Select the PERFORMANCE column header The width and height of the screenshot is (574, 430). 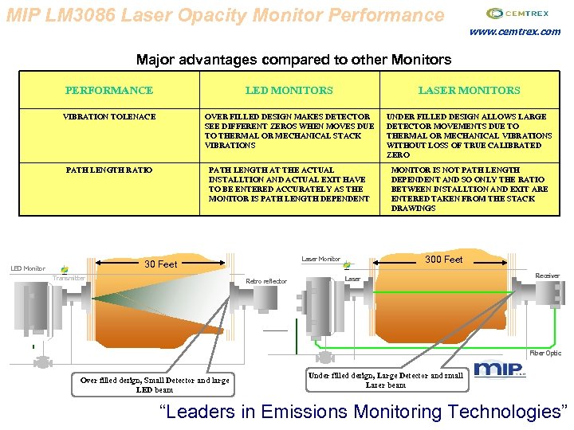pos(109,91)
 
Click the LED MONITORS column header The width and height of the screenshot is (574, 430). pos(289,91)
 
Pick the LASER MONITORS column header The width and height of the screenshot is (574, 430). pos(469,91)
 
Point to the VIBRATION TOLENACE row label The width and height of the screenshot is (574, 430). pos(109,117)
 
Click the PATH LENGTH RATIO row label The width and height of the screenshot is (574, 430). pos(109,170)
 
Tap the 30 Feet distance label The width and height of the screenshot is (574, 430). pos(160,264)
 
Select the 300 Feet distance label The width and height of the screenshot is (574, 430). pos(443,260)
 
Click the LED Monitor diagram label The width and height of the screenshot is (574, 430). pos(28,269)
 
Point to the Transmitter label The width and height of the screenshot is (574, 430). pos(69,278)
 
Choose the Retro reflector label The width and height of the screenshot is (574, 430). pos(266,281)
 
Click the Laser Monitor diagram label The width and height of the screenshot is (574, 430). pos(320,260)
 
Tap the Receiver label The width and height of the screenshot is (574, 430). pos(547,276)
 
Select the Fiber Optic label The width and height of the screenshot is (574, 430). pos(545,353)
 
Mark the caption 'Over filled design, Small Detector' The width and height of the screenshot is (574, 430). pos(155,385)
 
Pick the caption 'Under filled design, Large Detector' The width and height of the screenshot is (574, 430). pos(385,380)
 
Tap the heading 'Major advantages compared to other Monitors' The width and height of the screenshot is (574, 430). pos(293,60)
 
